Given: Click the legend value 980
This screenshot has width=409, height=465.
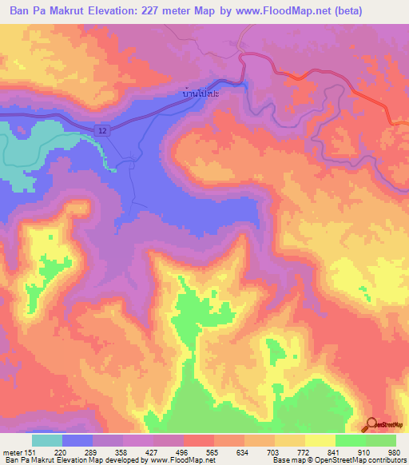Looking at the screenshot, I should coord(395,451).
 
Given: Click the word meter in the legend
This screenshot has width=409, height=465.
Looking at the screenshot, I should coord(11,451).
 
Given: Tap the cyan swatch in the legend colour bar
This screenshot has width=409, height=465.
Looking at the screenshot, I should coord(47,440).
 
